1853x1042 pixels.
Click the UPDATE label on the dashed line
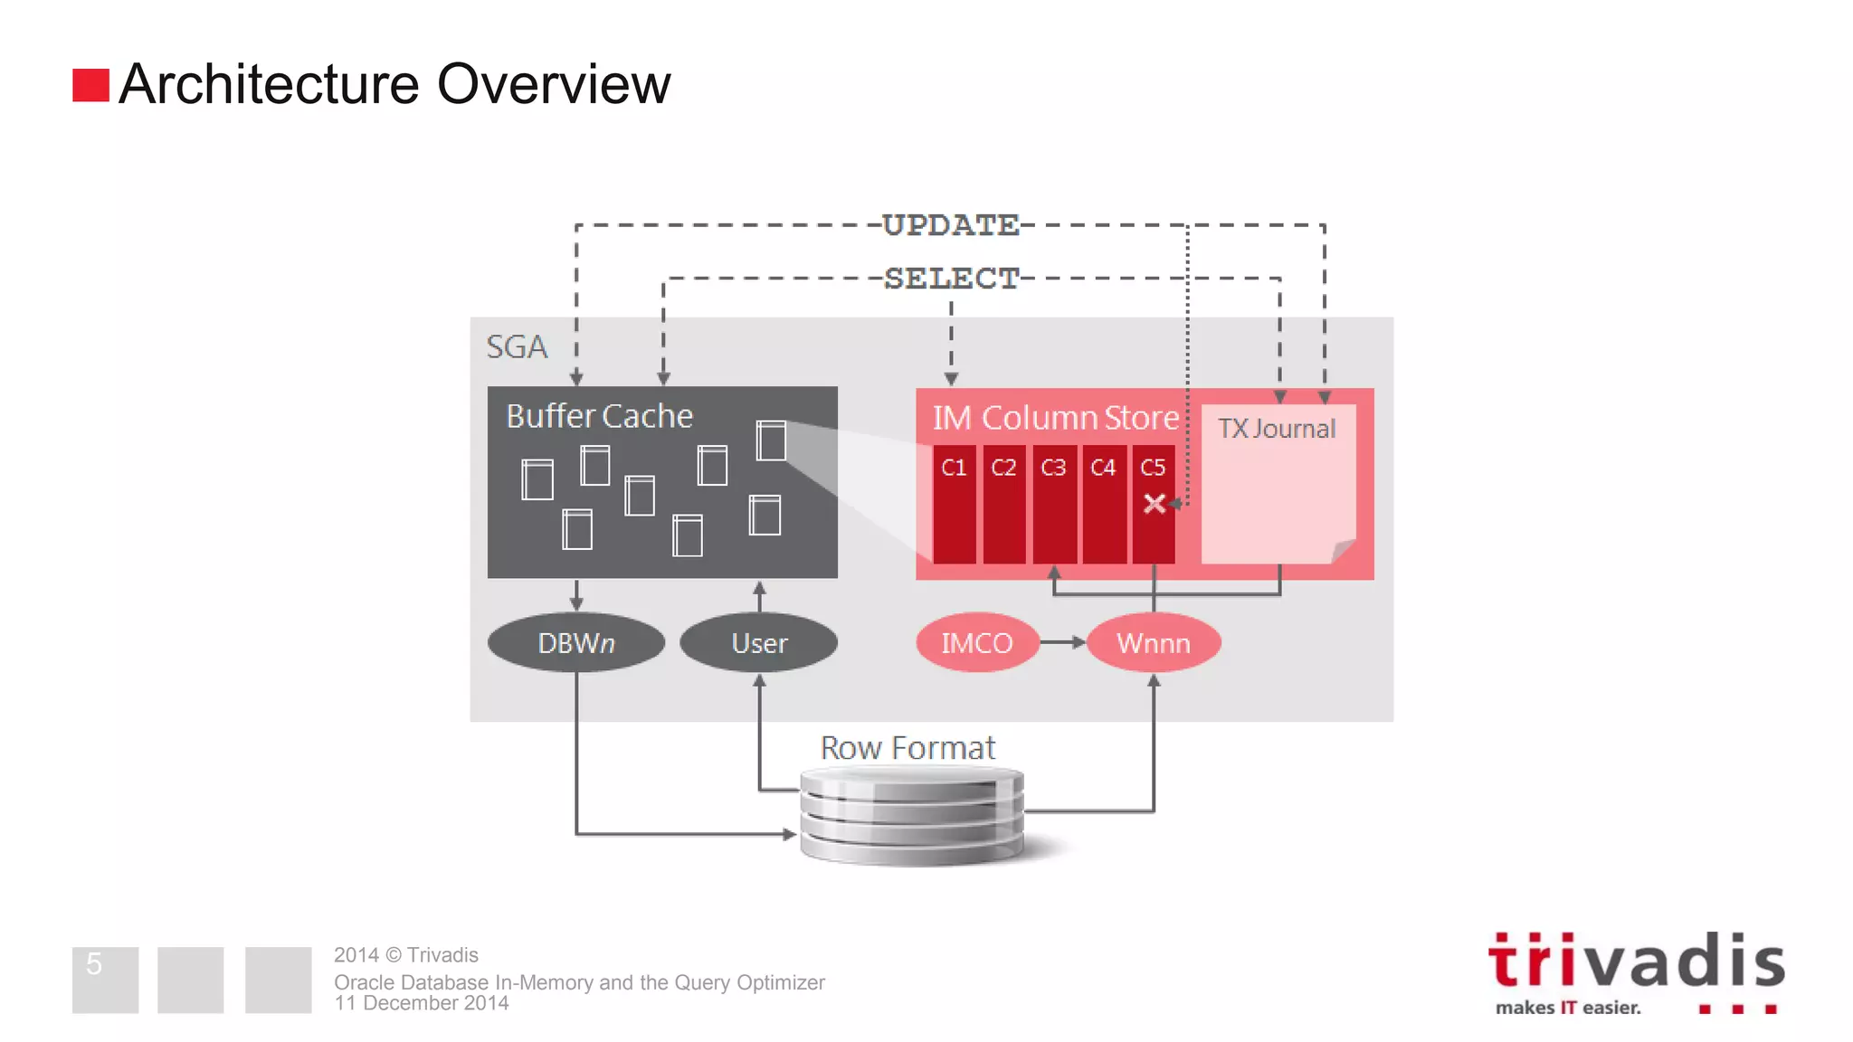pos(950,225)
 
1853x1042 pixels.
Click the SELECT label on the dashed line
pos(951,279)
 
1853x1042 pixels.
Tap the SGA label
pos(517,347)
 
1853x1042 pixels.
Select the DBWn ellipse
pos(576,643)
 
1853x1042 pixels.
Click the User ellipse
pos(759,643)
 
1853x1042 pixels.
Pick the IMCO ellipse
pos(977,643)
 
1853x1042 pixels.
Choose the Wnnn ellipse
pos(1154,643)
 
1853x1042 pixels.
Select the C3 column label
pos(1053,468)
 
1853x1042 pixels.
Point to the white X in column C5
pos(1155,504)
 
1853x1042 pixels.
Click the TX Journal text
pos(1277,429)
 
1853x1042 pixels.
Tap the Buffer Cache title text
pos(599,416)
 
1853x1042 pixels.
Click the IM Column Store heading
pos(1056,418)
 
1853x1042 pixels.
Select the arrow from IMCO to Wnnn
pos(1062,642)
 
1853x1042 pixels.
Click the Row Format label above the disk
pos(907,748)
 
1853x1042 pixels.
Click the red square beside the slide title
pos(90,86)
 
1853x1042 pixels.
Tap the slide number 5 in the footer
pos(94,964)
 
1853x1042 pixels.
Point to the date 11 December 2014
pos(422,1003)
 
